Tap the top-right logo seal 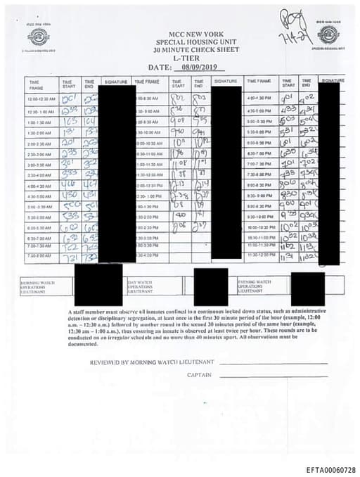pyautogui.click(x=328, y=35)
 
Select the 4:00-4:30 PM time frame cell pyautogui.click(x=259, y=98)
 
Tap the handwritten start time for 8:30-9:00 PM pyautogui.click(x=288, y=195)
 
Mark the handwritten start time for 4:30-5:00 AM pyautogui.click(x=69, y=196)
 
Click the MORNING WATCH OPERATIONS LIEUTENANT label pyautogui.click(x=38, y=286)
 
